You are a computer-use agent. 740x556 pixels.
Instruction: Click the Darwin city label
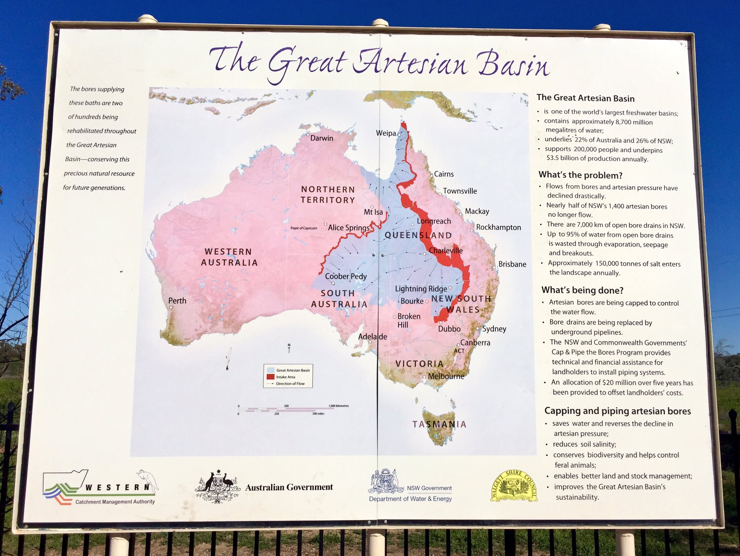(322, 138)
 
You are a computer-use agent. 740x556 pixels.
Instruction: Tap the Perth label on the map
(177, 300)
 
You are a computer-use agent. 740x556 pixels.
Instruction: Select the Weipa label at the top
(386, 133)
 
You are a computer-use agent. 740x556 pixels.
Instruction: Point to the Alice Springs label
(349, 227)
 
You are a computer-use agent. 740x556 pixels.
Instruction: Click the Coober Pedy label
(346, 276)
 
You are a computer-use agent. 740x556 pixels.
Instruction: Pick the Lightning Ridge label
(421, 288)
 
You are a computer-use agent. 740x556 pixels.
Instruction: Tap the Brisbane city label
(512, 264)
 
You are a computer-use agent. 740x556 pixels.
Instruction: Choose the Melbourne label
(446, 376)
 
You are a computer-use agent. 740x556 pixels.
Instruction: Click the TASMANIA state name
(439, 424)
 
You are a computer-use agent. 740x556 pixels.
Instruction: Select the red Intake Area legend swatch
(270, 377)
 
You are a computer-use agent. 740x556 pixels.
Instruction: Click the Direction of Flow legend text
(290, 384)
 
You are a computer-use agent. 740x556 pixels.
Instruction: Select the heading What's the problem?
(580, 175)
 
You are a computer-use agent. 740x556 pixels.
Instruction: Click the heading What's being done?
(582, 290)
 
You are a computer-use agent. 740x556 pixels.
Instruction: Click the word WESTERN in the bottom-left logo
(117, 487)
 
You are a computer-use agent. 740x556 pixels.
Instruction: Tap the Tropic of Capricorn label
(304, 228)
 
